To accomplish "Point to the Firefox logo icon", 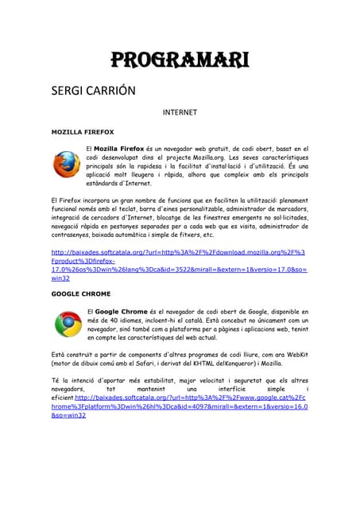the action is click(x=67, y=165).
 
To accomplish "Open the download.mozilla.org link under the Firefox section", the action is click(x=178, y=252).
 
